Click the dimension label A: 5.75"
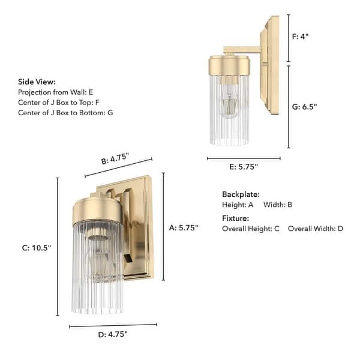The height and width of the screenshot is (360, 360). click(184, 227)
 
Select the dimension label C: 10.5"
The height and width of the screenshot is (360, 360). click(37, 248)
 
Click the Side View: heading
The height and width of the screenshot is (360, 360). click(37, 82)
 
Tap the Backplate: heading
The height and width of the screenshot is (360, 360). click(241, 194)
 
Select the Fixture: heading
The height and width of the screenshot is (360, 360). click(235, 218)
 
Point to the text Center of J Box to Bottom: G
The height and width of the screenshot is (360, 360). click(65, 112)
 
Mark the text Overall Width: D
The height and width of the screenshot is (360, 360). click(316, 229)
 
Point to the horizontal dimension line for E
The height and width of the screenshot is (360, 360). click(244, 158)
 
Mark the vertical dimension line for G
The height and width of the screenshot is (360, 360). click(289, 107)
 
